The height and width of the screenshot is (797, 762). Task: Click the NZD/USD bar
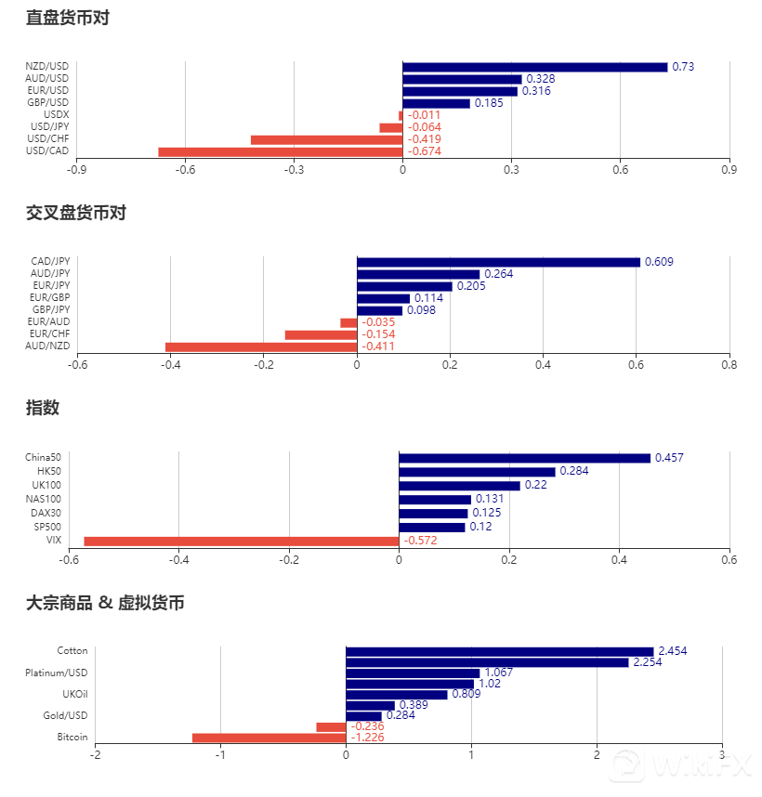pyautogui.click(x=534, y=67)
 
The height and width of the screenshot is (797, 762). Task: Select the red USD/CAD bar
pyautogui.click(x=280, y=151)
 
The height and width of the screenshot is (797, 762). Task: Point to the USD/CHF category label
pyautogui.click(x=49, y=139)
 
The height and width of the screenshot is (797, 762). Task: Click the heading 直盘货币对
pyautogui.click(x=68, y=17)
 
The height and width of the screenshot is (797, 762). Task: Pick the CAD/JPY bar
pyautogui.click(x=498, y=262)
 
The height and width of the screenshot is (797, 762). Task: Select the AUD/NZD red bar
pyautogui.click(x=261, y=346)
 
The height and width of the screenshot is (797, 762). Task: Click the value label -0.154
pyautogui.click(x=378, y=334)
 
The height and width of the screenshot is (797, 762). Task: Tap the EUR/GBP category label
pyautogui.click(x=49, y=297)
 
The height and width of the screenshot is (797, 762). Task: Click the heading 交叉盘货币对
pyautogui.click(x=76, y=213)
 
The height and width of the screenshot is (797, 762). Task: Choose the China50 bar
pyautogui.click(x=524, y=458)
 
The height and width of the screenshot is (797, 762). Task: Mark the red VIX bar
pyautogui.click(x=242, y=541)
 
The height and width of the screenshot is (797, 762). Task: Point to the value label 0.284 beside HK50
pyautogui.click(x=573, y=471)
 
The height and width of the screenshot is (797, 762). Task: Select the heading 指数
pyautogui.click(x=43, y=408)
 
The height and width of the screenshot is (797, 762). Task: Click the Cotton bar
pyautogui.click(x=499, y=651)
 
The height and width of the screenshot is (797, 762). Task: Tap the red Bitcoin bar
pyautogui.click(x=269, y=738)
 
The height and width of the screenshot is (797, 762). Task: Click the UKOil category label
pyautogui.click(x=74, y=694)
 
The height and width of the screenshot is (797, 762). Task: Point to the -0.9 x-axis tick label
pyautogui.click(x=77, y=170)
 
